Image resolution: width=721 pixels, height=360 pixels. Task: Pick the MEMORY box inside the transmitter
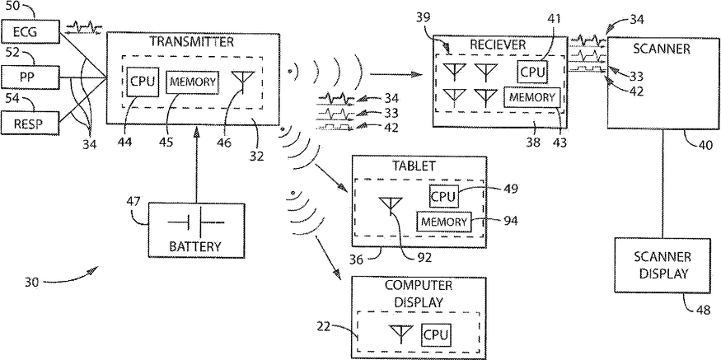[x=192, y=82]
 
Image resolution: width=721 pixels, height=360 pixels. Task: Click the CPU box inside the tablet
[x=443, y=196]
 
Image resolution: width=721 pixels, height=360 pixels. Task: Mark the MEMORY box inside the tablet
[x=443, y=222]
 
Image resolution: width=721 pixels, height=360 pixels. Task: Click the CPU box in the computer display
[x=436, y=334]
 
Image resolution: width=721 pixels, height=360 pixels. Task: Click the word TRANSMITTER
[x=191, y=40]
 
